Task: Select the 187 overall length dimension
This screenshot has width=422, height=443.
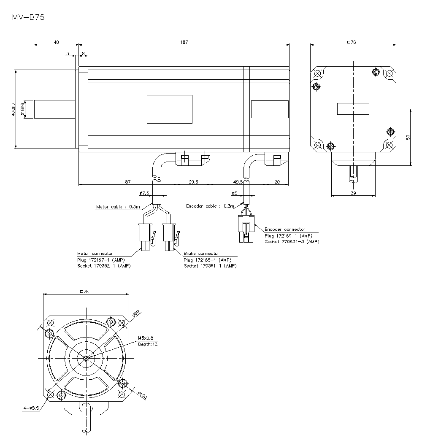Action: pyautogui.click(x=184, y=42)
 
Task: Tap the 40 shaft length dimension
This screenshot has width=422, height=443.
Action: pyautogui.click(x=56, y=42)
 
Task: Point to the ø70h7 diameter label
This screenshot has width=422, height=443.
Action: pyautogui.click(x=14, y=109)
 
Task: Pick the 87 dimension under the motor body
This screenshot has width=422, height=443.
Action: pyautogui.click(x=127, y=182)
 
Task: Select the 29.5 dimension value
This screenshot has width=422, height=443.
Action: pyautogui.click(x=193, y=182)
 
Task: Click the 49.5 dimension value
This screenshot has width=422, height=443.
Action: pyautogui.click(x=238, y=182)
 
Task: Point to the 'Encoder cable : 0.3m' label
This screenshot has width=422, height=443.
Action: pyautogui.click(x=209, y=206)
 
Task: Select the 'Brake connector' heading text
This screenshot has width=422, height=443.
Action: pyautogui.click(x=201, y=254)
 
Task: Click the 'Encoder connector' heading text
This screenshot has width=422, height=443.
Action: pyautogui.click(x=285, y=230)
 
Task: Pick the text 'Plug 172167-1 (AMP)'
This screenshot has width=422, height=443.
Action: pyautogui.click(x=97, y=260)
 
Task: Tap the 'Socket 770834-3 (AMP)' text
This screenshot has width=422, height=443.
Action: pyautogui.click(x=292, y=242)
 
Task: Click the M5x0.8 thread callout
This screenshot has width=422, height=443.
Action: pyautogui.click(x=146, y=338)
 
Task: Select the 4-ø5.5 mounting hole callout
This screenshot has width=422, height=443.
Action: pyautogui.click(x=31, y=408)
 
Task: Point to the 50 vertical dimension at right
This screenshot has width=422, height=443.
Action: pyautogui.click(x=408, y=137)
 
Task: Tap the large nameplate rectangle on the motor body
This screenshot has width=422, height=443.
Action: pyautogui.click(x=169, y=109)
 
